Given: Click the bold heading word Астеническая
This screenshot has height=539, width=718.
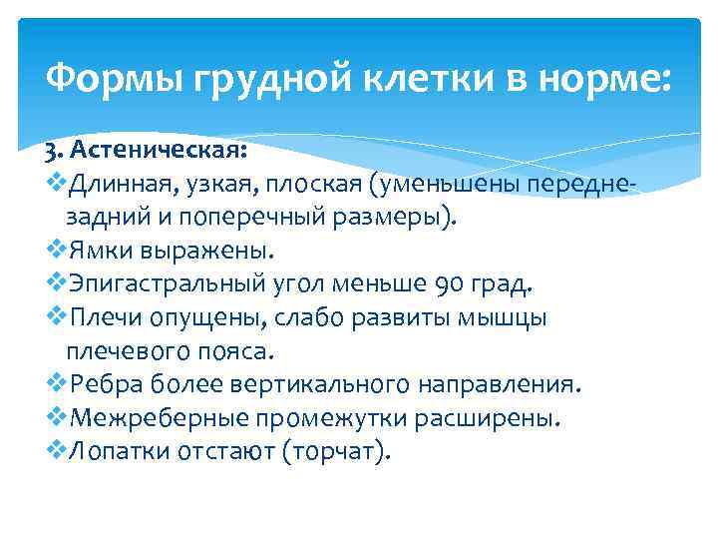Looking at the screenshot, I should pos(159,153).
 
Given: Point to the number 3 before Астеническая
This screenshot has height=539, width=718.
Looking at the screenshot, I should pos(50,153).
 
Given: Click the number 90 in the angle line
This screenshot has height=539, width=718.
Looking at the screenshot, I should pos(451,284).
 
